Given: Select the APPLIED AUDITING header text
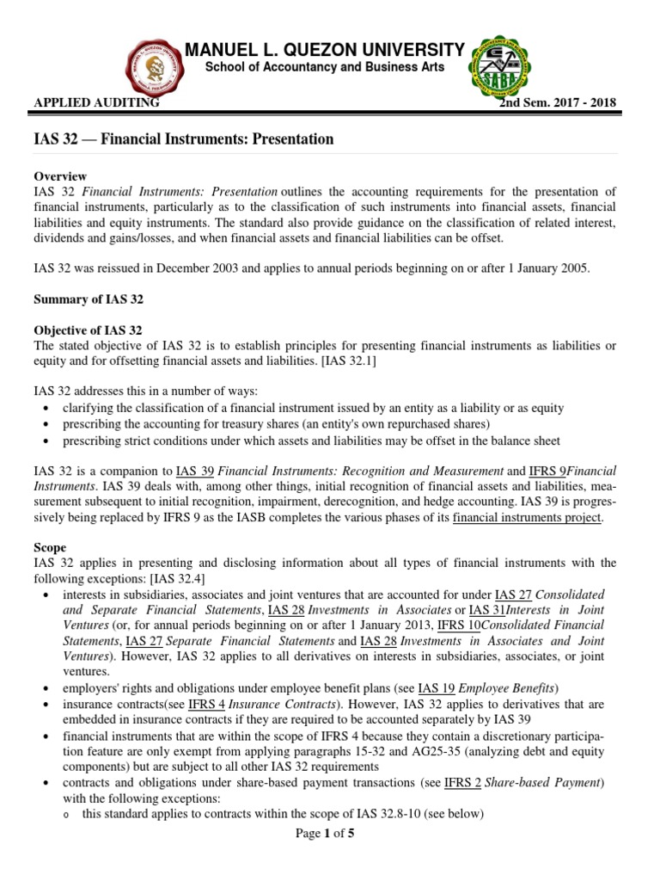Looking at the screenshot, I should (x=96, y=103).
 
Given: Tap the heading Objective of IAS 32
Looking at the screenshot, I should (x=88, y=330).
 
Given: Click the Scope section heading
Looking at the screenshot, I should (x=49, y=547).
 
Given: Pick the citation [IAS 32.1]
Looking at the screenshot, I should (x=344, y=361).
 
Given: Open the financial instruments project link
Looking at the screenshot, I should (x=528, y=517).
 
